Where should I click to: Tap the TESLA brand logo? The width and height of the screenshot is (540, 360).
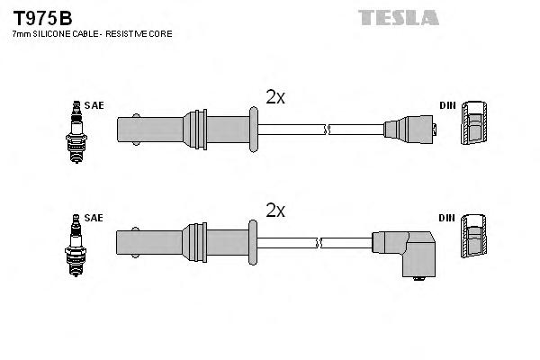[398, 17]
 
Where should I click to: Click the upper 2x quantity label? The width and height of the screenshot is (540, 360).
[275, 97]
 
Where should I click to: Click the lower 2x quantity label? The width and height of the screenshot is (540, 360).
[275, 211]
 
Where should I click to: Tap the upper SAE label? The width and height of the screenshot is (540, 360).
[94, 105]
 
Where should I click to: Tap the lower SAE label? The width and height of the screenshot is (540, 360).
[94, 218]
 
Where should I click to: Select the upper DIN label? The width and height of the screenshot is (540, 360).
[447, 105]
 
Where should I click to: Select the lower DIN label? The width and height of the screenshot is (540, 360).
[447, 218]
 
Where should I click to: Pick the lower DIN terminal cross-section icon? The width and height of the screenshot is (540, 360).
[474, 239]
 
